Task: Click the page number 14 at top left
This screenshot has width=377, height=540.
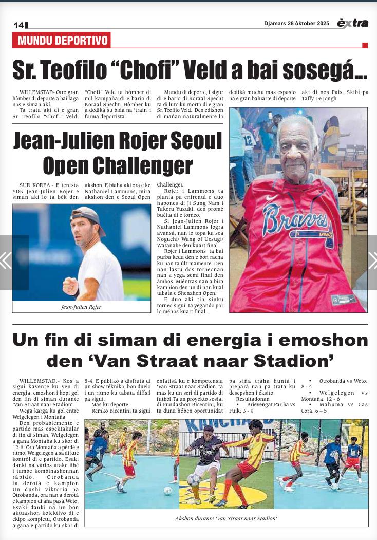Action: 19,25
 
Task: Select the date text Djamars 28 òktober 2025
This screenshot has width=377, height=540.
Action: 296,23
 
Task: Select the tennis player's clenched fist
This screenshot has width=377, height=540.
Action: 70,284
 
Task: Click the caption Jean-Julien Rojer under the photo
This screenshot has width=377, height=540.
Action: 82,307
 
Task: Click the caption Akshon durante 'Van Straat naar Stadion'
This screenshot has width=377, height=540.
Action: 226,518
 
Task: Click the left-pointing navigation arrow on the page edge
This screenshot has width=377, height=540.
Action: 6,260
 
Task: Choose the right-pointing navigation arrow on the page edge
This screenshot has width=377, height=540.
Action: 371,260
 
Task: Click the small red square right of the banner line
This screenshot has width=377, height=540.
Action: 365,45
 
